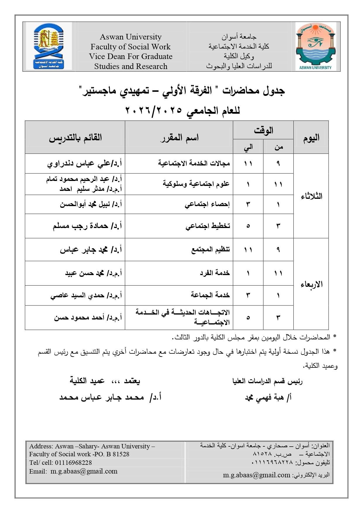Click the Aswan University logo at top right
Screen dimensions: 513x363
tap(315, 46)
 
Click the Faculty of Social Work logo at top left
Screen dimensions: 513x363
tap(49, 46)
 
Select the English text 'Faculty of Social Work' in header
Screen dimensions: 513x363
tap(130, 47)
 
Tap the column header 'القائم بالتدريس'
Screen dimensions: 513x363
tap(75, 137)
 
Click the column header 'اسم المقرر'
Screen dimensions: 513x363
tap(179, 137)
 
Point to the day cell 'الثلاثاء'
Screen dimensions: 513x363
tap(311, 196)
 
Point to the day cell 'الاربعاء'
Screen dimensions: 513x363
tap(311, 284)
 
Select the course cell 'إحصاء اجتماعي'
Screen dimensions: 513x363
tap(207, 204)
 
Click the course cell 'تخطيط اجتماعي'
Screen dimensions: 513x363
tap(208, 226)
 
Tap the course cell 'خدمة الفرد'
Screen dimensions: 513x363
tap(215, 273)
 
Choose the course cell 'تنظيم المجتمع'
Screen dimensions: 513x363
tap(211, 250)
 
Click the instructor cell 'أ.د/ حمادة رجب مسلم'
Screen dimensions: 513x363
tap(87, 226)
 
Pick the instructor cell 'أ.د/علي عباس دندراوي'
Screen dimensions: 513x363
tap(85, 163)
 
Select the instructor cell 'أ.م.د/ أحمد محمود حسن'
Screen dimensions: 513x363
tap(88, 317)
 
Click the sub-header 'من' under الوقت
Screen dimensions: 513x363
tap(278, 147)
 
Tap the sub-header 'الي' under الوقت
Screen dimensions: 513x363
tap(248, 147)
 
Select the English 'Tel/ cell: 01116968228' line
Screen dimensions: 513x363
tap(61, 462)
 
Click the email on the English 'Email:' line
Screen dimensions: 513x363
tap(84, 471)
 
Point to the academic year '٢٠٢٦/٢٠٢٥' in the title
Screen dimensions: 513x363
tap(154, 110)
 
